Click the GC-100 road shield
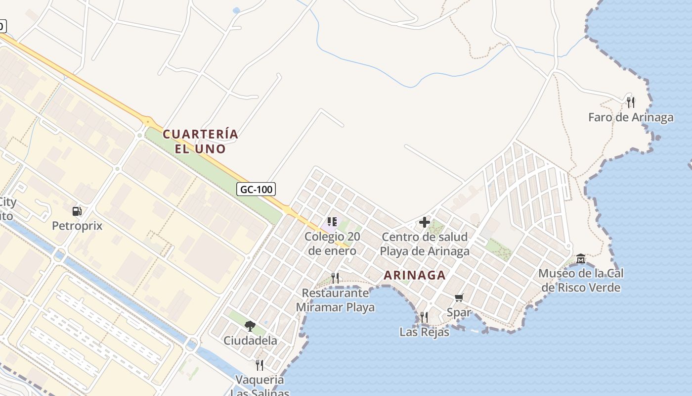tap(256, 189)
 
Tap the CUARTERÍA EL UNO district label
tap(200, 142)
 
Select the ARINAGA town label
tap(414, 275)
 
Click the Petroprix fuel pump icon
tap(77, 211)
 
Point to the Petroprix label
tap(77, 226)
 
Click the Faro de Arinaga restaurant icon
tap(630, 102)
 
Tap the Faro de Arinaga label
tap(630, 117)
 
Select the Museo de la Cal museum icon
tap(581, 259)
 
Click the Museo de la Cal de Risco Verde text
tap(581, 280)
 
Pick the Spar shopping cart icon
tap(459, 297)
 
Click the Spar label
tap(459, 312)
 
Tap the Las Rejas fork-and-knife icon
tap(424, 317)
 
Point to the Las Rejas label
tap(424, 332)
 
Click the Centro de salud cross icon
tap(425, 222)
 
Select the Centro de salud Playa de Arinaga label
tap(425, 244)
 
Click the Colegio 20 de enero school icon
tap(332, 222)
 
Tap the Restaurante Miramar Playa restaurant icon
tap(335, 278)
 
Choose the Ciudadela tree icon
tap(250, 326)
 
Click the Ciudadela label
tap(250, 341)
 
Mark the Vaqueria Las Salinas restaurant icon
tap(259, 365)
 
